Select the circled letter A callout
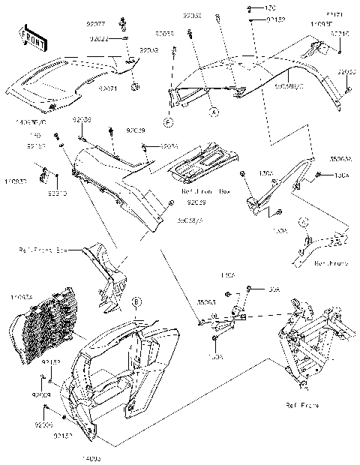tap(213, 111)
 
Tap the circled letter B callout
tap(136, 301)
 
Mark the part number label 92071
tap(109, 88)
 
